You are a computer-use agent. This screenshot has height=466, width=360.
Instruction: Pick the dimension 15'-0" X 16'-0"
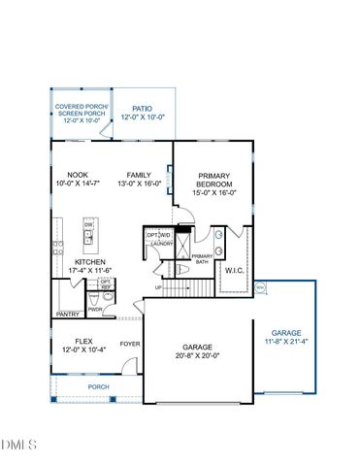[x=214, y=192]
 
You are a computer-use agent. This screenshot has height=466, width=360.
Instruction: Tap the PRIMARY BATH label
[x=203, y=258]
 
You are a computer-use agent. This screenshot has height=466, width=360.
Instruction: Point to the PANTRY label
[x=67, y=315]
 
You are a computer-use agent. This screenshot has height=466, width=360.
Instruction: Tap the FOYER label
[x=128, y=343]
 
